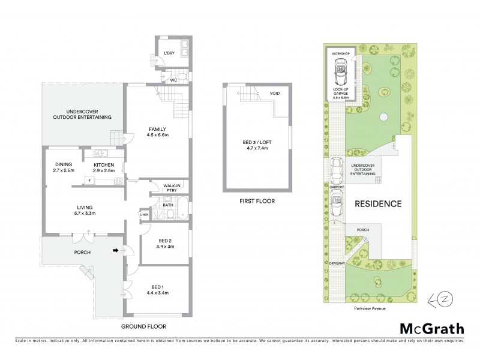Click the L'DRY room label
(x=169, y=53)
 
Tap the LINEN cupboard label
(x=144, y=214)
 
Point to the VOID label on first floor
(x=274, y=94)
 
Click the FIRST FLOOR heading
(x=256, y=202)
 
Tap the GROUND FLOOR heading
(x=143, y=326)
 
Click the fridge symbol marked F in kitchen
(x=89, y=180)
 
